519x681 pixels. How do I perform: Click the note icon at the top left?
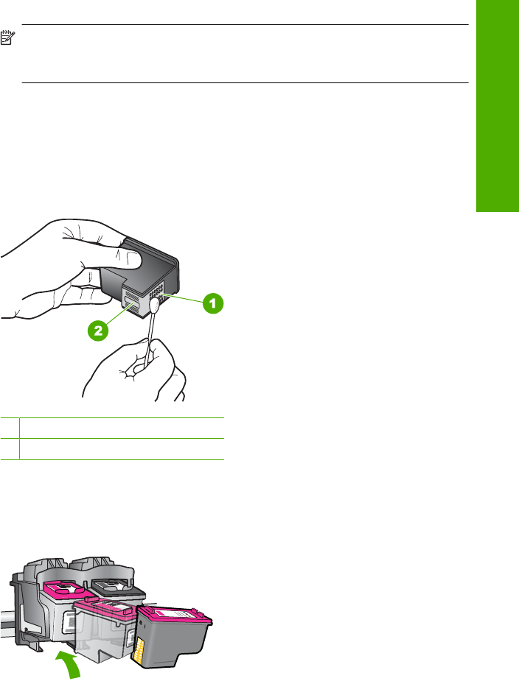tap(7, 38)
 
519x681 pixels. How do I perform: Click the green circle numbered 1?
tap(213, 303)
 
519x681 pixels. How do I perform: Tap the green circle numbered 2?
tap(98, 330)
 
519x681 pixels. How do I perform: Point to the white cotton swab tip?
tap(155, 305)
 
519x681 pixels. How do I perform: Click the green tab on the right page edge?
tap(498, 106)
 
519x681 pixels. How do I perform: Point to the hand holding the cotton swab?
tap(135, 369)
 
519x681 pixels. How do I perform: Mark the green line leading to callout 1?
tap(182, 298)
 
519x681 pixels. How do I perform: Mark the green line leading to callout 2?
tap(119, 316)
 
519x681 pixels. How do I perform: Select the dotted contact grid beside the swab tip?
tap(156, 289)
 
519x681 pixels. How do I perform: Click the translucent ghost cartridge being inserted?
tap(105, 629)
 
